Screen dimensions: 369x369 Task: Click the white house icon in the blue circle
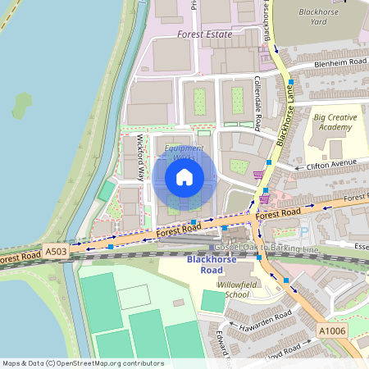click(x=184, y=176)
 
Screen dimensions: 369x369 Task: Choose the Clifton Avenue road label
click(x=331, y=163)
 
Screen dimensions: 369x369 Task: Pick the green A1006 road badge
click(x=332, y=330)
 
